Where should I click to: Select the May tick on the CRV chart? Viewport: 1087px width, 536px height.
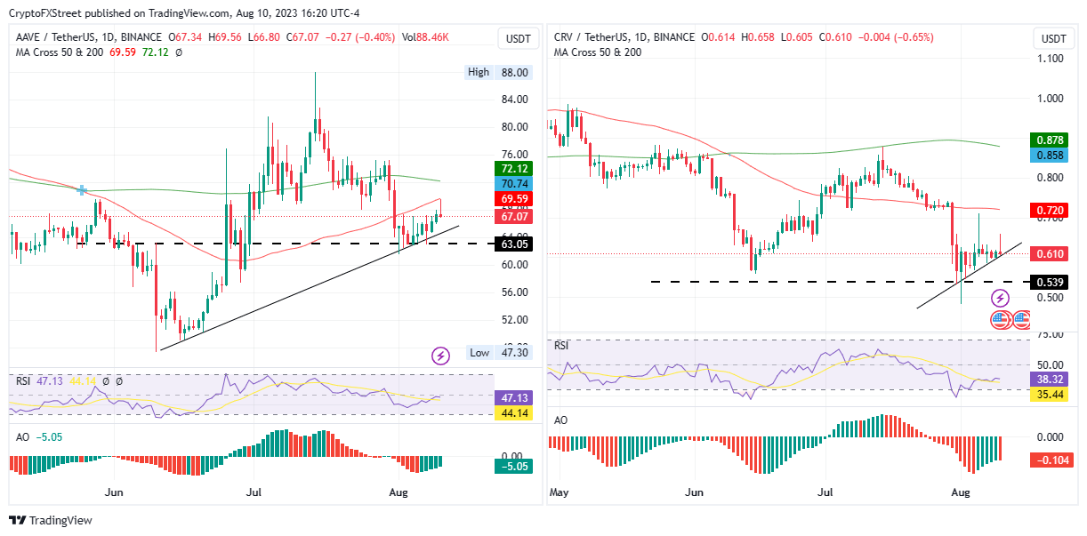559,491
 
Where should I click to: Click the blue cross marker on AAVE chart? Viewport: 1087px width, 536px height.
82,189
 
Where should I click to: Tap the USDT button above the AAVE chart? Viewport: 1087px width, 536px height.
516,38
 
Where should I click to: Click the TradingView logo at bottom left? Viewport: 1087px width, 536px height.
51,520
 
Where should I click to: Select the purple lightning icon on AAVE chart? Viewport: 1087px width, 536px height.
440,356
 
